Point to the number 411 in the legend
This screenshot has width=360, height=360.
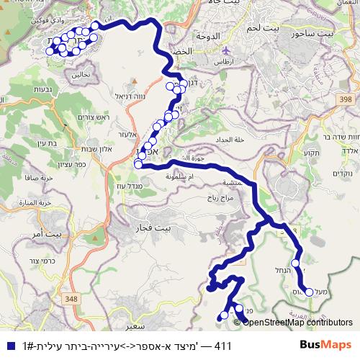222,346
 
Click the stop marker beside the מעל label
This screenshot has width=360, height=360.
310,292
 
